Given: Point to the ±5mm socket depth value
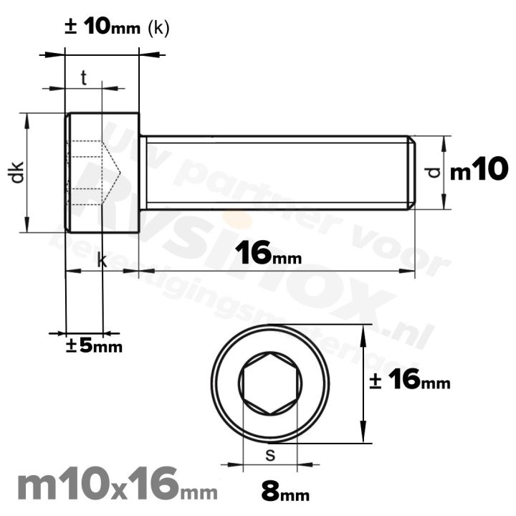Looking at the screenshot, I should coord(95,346).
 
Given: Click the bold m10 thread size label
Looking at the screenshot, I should coord(479,171).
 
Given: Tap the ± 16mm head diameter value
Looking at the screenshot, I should coord(410,381).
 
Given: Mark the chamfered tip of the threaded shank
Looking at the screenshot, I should coord(411,173).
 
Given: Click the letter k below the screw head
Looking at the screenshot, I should coord(102,262).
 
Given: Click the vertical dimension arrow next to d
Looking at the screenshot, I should coord(444,173).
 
